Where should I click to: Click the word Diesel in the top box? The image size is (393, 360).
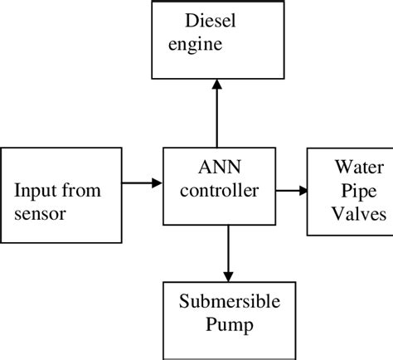click(210, 19)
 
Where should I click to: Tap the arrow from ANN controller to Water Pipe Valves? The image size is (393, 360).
click(291, 190)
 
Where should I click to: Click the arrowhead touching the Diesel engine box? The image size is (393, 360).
click(217, 85)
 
